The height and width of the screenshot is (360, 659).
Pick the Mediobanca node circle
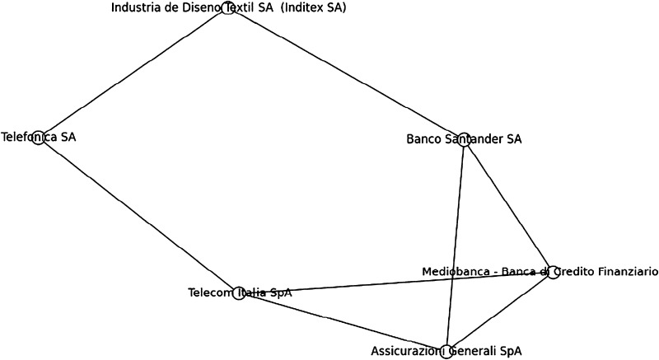554,272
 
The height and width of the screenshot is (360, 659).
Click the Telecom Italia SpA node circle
239,292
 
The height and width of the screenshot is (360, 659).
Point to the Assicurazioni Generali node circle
446,352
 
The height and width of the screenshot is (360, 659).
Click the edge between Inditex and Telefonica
133,73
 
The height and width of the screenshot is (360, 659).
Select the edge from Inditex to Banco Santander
347,73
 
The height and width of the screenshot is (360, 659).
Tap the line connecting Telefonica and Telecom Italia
138,215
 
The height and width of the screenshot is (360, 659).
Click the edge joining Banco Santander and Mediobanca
508,205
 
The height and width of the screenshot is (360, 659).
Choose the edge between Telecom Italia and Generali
342,322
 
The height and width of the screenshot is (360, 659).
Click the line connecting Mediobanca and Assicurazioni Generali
499,312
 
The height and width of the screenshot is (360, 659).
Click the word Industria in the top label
137,8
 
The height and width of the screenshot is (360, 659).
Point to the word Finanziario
624,272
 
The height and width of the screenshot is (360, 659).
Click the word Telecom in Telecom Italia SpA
211,292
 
